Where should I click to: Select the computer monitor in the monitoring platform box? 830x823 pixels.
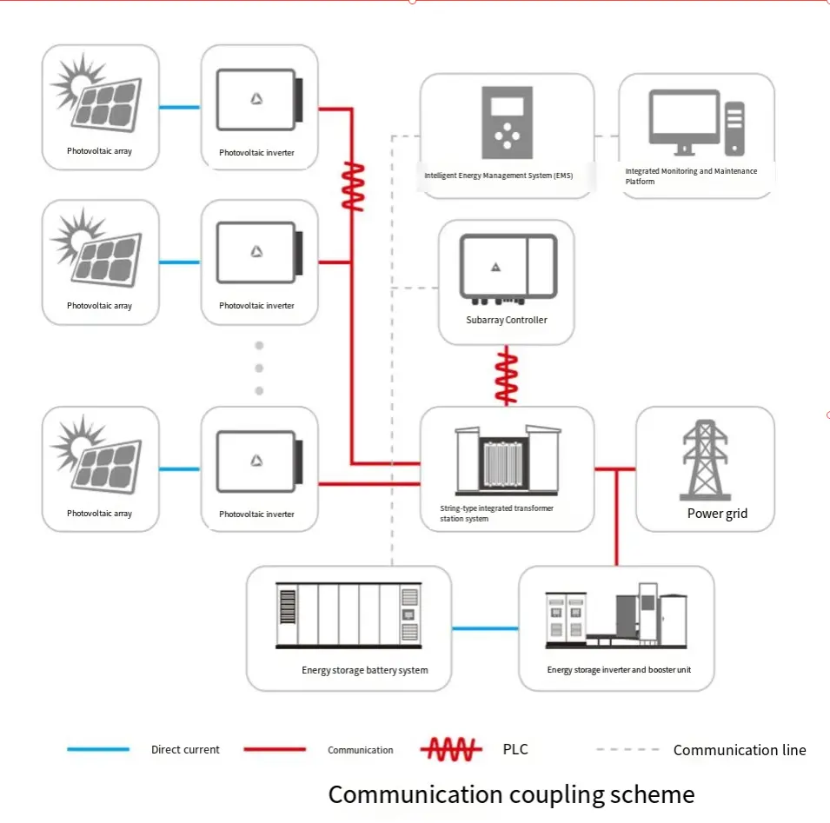click(684, 120)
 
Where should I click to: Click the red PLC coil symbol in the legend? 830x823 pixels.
click(451, 749)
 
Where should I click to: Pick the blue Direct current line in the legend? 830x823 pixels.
click(98, 749)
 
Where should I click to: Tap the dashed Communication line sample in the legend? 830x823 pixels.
click(627, 749)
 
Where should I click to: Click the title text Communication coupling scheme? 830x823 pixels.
click(511, 793)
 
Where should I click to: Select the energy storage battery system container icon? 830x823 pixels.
click(349, 615)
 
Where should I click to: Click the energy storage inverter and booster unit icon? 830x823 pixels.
click(615, 621)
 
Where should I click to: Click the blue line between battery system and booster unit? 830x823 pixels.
click(485, 627)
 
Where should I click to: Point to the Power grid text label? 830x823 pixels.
click(717, 513)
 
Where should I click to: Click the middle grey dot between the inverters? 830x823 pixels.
click(258, 368)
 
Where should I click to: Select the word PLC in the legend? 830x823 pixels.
click(515, 749)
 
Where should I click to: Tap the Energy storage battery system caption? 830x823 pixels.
click(365, 670)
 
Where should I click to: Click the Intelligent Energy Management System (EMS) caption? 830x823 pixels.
click(498, 176)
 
